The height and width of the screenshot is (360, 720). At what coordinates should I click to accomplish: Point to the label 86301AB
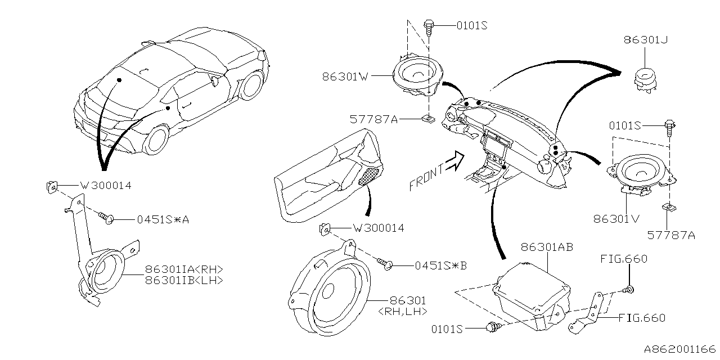click(547, 247)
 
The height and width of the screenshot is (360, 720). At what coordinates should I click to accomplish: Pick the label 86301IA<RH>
click(184, 269)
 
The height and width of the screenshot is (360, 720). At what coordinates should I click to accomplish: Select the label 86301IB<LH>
click(184, 280)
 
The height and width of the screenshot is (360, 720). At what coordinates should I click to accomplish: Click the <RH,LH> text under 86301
click(403, 311)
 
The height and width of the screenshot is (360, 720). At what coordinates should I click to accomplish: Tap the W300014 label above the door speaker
click(378, 228)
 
